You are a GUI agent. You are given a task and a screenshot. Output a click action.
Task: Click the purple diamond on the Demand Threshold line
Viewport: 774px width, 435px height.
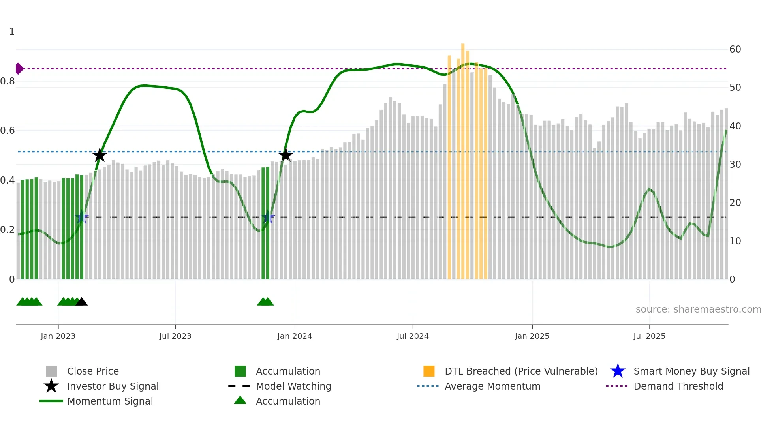pyautogui.click(x=19, y=69)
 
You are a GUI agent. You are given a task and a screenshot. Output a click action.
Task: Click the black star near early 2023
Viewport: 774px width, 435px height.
pyautogui.click(x=100, y=155)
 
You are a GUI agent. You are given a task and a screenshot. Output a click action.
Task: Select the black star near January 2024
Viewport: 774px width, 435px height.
pyautogui.click(x=286, y=155)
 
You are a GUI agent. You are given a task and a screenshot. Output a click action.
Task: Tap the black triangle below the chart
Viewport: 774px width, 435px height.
pyautogui.click(x=81, y=302)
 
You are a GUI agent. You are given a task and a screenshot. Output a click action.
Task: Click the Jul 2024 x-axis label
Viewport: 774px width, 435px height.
pyautogui.click(x=413, y=336)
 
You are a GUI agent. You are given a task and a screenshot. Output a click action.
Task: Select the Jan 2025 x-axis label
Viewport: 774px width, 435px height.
pyautogui.click(x=532, y=336)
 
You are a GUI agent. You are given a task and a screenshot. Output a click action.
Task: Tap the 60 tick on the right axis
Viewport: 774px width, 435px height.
pyautogui.click(x=735, y=49)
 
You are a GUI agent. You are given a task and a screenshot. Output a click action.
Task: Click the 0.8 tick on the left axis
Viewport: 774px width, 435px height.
pyautogui.click(x=8, y=81)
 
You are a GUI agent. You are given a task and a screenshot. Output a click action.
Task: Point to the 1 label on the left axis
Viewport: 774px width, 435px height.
pyautogui.click(x=12, y=32)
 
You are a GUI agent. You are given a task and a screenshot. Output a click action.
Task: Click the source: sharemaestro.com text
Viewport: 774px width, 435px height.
pyautogui.click(x=698, y=309)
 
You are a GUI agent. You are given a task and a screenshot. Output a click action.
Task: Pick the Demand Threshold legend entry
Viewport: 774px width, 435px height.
pyautogui.click(x=678, y=386)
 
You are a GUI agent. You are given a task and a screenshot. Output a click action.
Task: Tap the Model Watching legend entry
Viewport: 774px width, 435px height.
pyautogui.click(x=293, y=386)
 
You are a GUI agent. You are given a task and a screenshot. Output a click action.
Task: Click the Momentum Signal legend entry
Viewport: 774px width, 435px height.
pyautogui.click(x=110, y=401)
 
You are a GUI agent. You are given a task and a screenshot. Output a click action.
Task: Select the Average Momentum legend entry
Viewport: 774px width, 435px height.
pyautogui.click(x=492, y=386)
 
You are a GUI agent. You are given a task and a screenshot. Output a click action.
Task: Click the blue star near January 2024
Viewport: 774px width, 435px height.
pyautogui.click(x=268, y=217)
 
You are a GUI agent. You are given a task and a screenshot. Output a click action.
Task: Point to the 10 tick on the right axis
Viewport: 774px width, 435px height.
pyautogui.click(x=735, y=241)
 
